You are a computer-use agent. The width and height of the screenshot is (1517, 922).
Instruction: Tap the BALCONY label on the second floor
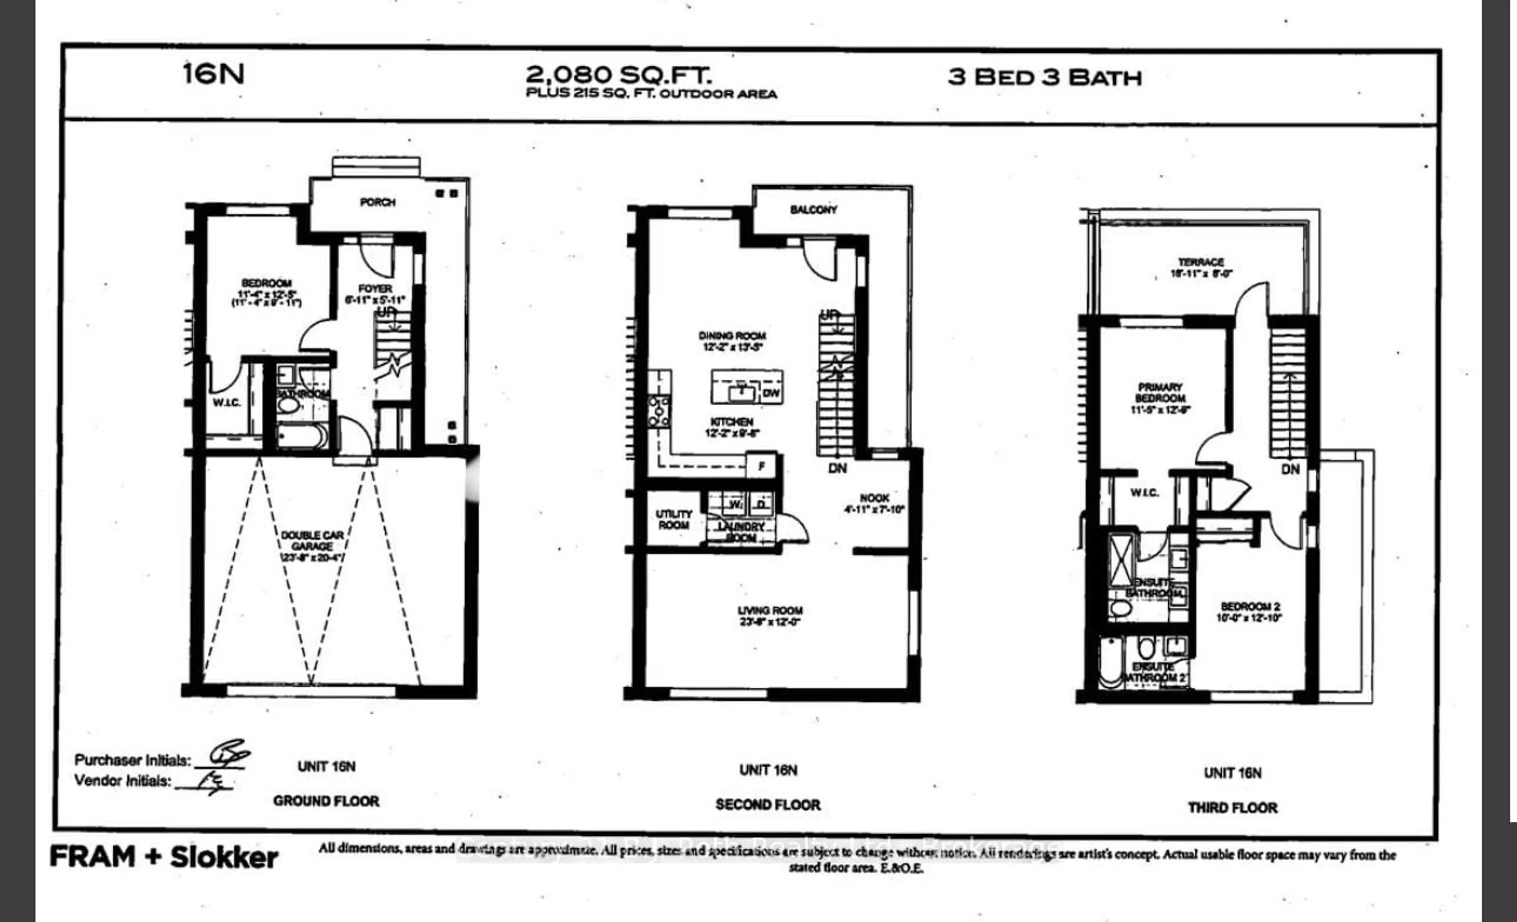click(813, 210)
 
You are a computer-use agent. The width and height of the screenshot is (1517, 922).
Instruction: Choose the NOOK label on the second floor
click(874, 498)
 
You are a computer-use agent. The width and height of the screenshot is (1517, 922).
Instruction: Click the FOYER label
click(375, 289)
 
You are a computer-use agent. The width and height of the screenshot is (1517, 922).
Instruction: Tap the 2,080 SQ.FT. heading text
click(619, 75)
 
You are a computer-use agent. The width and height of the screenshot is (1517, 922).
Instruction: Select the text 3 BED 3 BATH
click(1045, 77)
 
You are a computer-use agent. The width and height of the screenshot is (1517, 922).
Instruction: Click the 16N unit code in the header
click(214, 74)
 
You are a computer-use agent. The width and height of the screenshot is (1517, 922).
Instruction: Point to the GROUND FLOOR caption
click(326, 801)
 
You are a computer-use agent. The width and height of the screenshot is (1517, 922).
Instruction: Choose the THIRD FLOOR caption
click(1233, 807)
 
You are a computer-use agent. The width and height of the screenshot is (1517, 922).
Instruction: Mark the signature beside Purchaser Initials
click(228, 755)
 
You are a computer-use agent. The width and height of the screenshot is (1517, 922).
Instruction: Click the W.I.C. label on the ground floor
click(227, 403)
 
